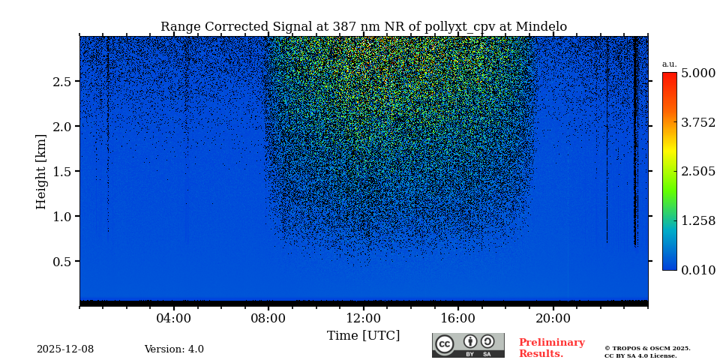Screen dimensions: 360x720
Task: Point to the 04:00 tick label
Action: pyautogui.click(x=174, y=318)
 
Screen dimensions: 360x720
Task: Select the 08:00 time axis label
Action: pyautogui.click(x=268, y=318)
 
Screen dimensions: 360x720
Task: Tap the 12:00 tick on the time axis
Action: pyautogui.click(x=363, y=318)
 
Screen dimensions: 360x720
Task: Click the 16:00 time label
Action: pyautogui.click(x=458, y=318)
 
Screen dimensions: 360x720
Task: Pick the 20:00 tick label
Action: pyautogui.click(x=553, y=318)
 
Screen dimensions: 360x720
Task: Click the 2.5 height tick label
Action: pyautogui.click(x=61, y=82)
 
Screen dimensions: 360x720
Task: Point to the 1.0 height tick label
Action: pyautogui.click(x=61, y=217)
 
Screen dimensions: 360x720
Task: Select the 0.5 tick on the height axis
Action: pyautogui.click(x=61, y=262)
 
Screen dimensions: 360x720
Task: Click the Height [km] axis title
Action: pyautogui.click(x=41, y=171)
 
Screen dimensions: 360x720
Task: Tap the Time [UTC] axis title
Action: pyautogui.click(x=363, y=335)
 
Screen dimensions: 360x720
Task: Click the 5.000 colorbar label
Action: pyautogui.click(x=697, y=73)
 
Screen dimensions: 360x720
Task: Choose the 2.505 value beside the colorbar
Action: pyautogui.click(x=697, y=172)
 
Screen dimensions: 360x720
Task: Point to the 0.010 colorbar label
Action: pyautogui.click(x=697, y=270)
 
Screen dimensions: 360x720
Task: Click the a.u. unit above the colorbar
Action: pyautogui.click(x=669, y=64)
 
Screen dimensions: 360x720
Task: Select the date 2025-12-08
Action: pyautogui.click(x=65, y=349)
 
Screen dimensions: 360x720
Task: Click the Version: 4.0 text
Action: pyautogui.click(x=174, y=349)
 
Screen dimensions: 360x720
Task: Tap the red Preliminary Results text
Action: pyautogui.click(x=551, y=348)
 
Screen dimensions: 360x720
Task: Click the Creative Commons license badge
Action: pyautogui.click(x=468, y=345)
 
